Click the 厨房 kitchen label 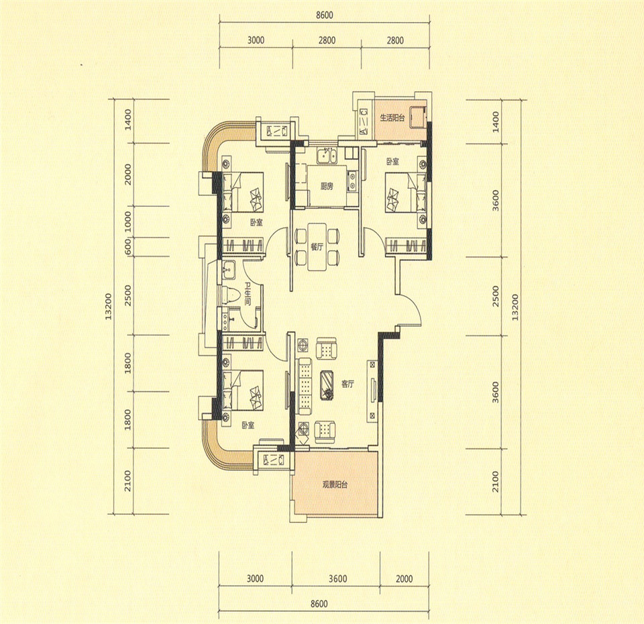pos(327,186)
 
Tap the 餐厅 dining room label pos(317,247)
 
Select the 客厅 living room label pos(347,384)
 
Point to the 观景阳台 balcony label pos(335,484)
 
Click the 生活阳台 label pos(392,118)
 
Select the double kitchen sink pos(327,156)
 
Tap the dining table pos(317,247)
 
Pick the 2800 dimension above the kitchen pos(327,40)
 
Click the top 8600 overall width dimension pos(324,15)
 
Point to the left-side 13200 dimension pos(109,307)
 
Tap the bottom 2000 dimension pos(404,579)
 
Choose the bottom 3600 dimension pos(337,579)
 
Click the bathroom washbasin pos(229,270)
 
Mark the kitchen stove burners pos(352,182)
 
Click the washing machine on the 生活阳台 pos(419,116)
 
